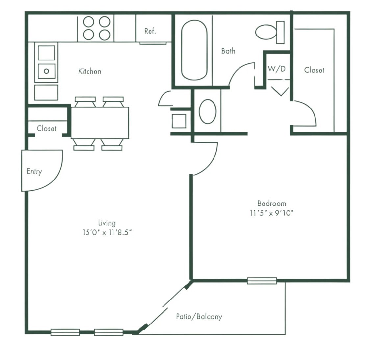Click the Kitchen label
tap(90, 71)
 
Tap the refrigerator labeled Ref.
tap(154, 28)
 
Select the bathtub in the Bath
tap(194, 50)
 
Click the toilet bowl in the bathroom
tap(266, 32)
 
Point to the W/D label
tap(276, 69)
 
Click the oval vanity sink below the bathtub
tap(208, 111)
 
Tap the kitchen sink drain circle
tap(46, 71)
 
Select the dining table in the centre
tap(100, 123)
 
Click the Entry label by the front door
tap(34, 171)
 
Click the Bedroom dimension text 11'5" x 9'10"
tap(272, 213)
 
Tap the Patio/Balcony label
tap(199, 316)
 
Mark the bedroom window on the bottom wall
tap(262, 281)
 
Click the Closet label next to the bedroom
tap(314, 70)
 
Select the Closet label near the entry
tap(46, 128)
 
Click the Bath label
tap(228, 51)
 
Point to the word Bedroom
tap(272, 204)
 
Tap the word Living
tap(107, 223)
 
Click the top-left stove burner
tap(88, 22)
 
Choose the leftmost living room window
tap(65, 332)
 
